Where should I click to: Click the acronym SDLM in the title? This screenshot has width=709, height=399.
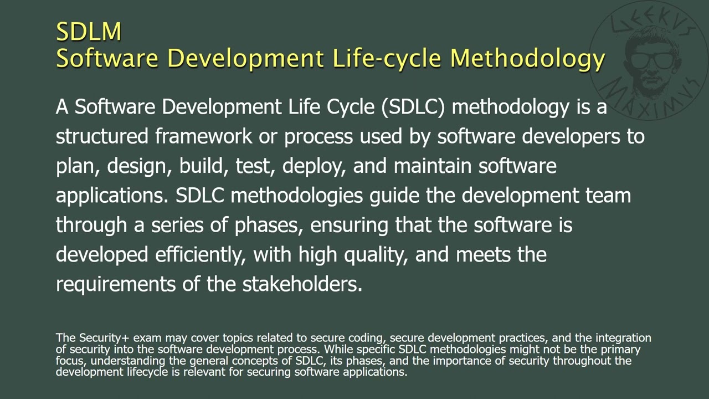pos(89,32)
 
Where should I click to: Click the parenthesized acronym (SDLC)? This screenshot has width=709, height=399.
pos(413,106)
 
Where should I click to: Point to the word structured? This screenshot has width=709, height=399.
pos(102,136)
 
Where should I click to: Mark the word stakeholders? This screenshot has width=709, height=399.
pos(302,284)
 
